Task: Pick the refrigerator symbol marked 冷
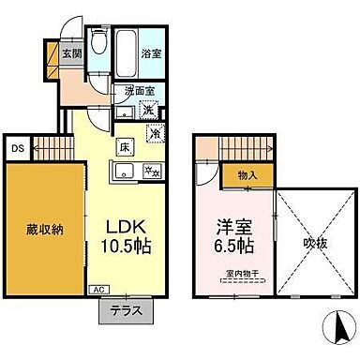155,132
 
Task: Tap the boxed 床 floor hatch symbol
124,146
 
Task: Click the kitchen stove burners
151,171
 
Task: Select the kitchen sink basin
123,170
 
